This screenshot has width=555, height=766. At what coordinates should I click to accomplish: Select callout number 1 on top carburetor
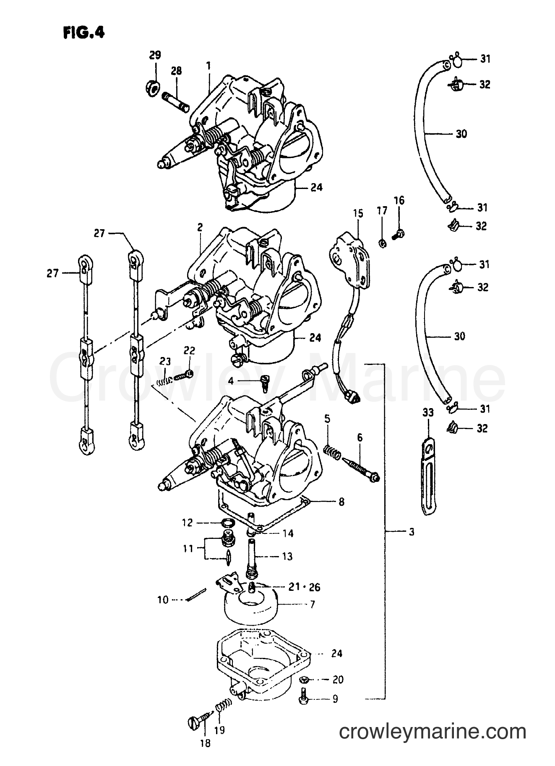pyautogui.click(x=208, y=66)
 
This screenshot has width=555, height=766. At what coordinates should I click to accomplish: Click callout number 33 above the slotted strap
pyautogui.click(x=427, y=413)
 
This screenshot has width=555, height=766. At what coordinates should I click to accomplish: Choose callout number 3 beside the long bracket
pyautogui.click(x=412, y=532)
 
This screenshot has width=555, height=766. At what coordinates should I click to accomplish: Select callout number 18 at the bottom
pyautogui.click(x=206, y=744)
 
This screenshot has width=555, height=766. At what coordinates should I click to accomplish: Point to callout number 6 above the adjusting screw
pyautogui.click(x=360, y=437)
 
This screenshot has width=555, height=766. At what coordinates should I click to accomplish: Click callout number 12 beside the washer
pyautogui.click(x=187, y=523)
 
